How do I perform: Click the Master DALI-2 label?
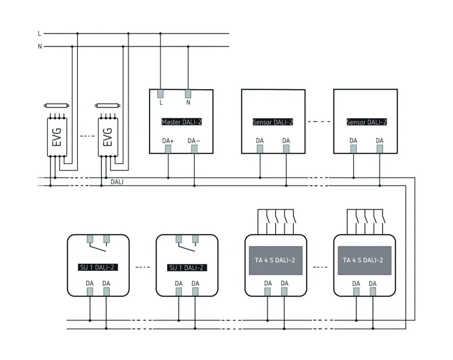pos(181,122)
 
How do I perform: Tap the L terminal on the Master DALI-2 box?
pos(161,93)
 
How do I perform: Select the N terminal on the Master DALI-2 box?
pos(188,93)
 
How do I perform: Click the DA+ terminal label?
pos(168,141)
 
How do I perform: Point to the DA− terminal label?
pos(194,141)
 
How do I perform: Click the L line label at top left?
pos(40,34)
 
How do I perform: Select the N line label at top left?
pos(40,47)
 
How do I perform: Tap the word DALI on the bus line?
pos(117,182)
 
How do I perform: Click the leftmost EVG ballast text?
pos(57,136)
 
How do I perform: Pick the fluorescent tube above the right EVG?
pos(107,106)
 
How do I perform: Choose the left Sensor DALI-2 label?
pos(273,122)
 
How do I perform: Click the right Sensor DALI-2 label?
pos(367,122)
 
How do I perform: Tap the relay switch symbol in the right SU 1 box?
pos(186,244)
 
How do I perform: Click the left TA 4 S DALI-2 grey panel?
pos(276,260)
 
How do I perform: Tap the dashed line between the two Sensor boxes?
pos(319,122)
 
